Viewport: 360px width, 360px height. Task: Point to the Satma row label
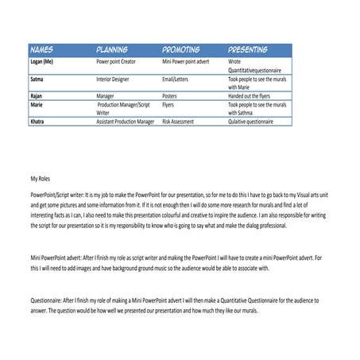point(37,79)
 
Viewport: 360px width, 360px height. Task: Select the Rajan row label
point(37,95)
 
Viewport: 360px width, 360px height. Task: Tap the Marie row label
point(36,104)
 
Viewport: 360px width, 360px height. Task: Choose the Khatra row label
point(37,122)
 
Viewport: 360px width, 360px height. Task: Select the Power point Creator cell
point(120,60)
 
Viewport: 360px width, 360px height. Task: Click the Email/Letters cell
point(178,79)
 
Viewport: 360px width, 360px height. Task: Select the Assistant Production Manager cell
point(125,122)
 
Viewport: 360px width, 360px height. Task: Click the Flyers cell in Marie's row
point(171,104)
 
